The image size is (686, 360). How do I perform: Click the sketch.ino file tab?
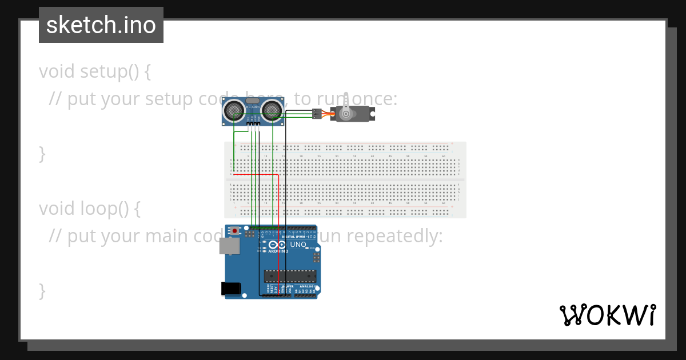tap(101, 25)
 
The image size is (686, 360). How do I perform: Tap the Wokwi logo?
tap(608, 315)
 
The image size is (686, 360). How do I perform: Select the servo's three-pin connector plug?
tap(316, 114)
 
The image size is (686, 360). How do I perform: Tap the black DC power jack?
tap(230, 289)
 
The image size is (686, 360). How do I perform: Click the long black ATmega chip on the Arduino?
tap(289, 276)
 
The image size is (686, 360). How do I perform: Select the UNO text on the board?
tap(298, 245)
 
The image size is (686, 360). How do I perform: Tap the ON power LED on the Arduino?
tap(313, 248)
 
